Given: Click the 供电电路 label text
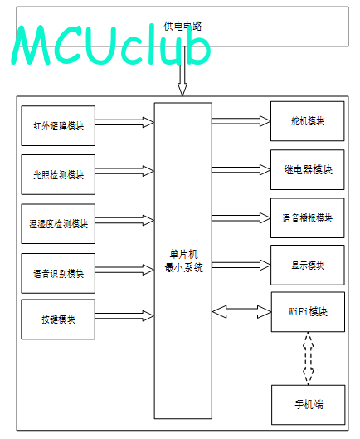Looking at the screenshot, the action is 182,26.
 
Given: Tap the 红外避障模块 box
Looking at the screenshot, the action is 58,125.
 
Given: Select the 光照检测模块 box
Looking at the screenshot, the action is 58,174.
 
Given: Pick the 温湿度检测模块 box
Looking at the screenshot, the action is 58,224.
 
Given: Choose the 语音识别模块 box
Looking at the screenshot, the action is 58,273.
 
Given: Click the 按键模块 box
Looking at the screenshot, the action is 58,319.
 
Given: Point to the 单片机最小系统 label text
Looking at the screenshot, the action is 183,261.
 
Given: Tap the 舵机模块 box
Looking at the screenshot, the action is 308,121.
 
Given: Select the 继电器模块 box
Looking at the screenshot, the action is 308,169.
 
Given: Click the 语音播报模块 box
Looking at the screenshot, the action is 308,218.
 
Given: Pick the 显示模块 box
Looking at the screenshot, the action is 308,265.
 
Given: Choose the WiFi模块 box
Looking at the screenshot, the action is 308,312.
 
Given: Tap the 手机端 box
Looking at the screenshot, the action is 309,405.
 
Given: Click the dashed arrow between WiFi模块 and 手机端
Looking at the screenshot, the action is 308,359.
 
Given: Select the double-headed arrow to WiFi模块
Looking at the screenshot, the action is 241,311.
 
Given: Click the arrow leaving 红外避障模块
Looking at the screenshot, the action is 124,122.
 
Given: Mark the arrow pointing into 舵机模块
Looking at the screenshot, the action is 241,121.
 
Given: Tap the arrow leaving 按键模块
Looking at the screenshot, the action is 124,316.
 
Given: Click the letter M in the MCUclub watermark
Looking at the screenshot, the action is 32,45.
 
